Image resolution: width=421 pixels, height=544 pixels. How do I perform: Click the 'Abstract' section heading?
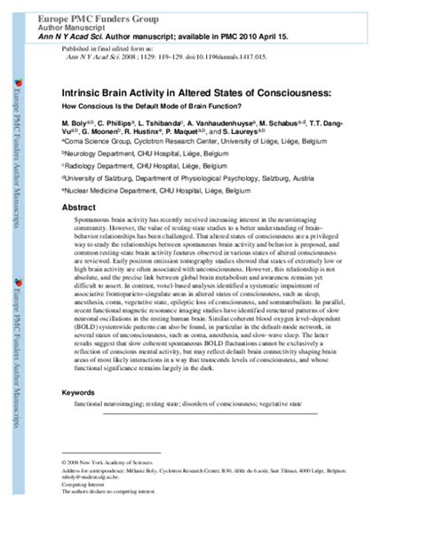click(x=77, y=207)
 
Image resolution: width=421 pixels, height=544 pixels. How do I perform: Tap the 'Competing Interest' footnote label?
click(x=83, y=485)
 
